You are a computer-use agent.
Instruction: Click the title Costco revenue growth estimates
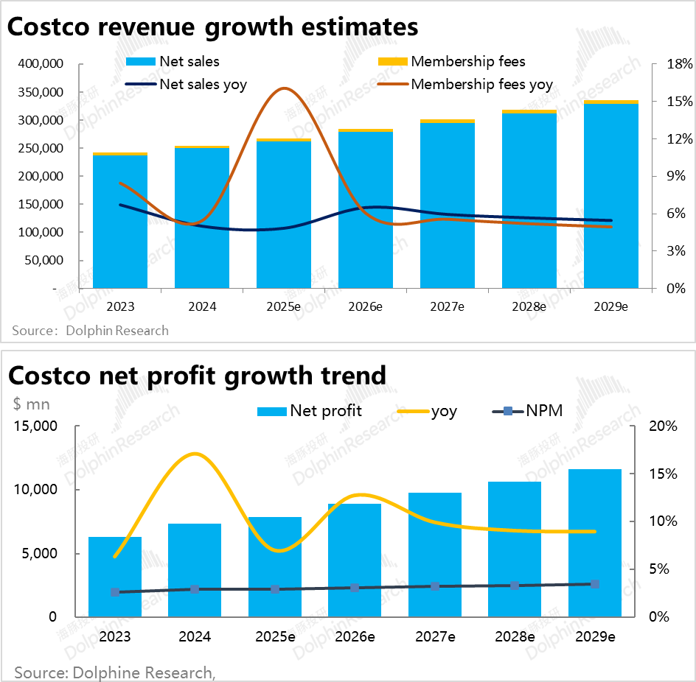click(x=213, y=27)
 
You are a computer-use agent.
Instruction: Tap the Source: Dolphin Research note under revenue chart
click(x=91, y=331)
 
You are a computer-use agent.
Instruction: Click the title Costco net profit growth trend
click(x=197, y=375)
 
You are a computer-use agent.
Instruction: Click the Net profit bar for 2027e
click(x=435, y=554)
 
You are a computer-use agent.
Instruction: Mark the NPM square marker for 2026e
click(x=355, y=588)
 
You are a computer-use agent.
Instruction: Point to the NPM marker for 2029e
click(x=595, y=584)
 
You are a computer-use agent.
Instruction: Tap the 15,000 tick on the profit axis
click(x=35, y=426)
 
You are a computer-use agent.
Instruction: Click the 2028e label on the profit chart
click(x=515, y=636)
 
